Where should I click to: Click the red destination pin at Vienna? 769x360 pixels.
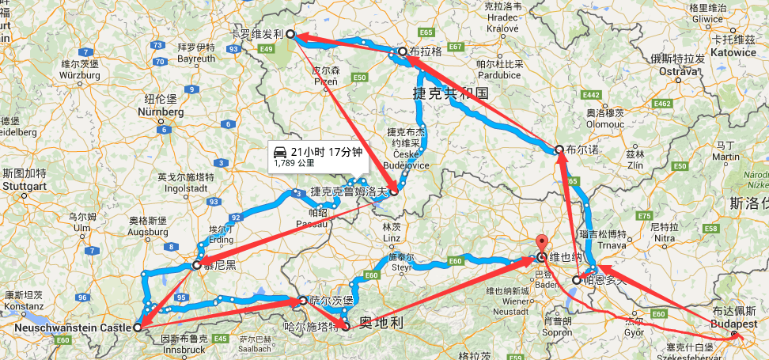click(542, 244)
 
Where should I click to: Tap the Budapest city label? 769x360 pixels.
click(735, 324)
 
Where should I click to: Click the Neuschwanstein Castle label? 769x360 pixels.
click(72, 328)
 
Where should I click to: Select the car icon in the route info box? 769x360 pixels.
click(279, 151)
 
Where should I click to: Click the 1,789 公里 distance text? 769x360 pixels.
click(294, 163)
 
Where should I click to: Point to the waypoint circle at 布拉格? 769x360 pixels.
click(403, 52)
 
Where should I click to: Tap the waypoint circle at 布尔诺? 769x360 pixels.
click(559, 149)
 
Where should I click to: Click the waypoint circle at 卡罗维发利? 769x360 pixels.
click(290, 34)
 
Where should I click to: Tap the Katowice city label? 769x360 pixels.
click(733, 52)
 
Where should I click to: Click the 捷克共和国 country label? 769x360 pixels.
click(451, 93)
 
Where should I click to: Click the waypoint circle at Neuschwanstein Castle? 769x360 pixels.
click(138, 326)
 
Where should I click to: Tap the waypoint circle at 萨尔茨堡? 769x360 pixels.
click(302, 301)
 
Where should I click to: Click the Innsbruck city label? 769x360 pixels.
click(184, 349)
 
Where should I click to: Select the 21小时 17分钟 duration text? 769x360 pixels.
click(327, 150)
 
